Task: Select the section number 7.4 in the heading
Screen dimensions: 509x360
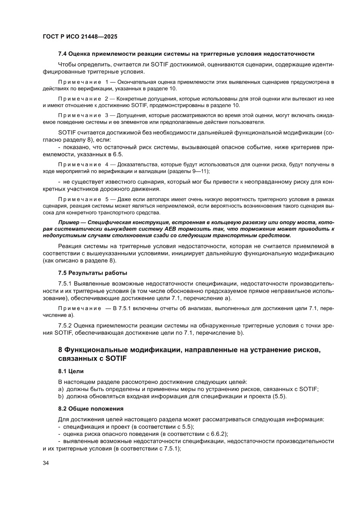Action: coord(63,54)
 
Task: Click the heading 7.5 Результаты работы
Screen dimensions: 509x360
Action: coord(93,273)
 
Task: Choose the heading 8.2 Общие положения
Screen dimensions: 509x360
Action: coord(91,409)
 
